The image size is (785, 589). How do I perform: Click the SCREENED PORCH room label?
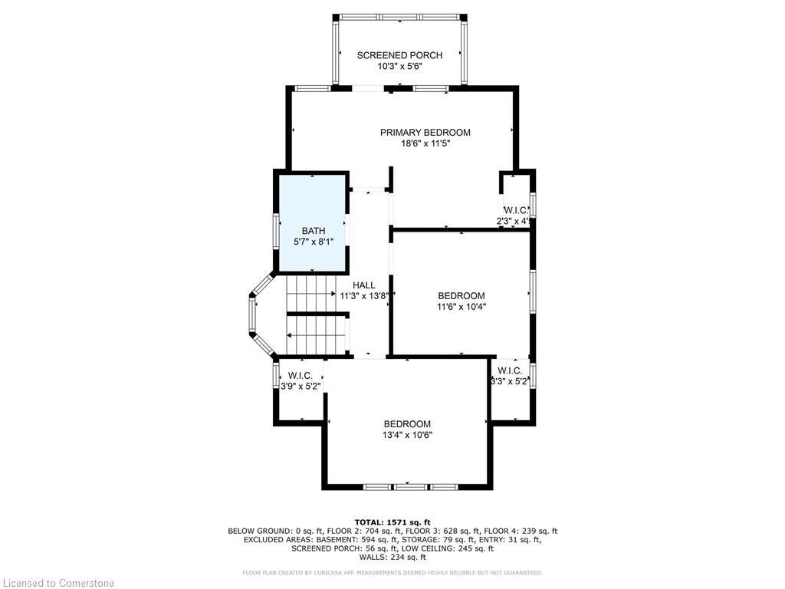pyautogui.click(x=399, y=55)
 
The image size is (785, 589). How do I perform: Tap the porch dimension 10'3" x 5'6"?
pyautogui.click(x=399, y=67)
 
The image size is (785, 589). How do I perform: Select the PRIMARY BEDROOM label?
pyautogui.click(x=425, y=133)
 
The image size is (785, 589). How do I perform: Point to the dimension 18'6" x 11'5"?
pyautogui.click(x=425, y=144)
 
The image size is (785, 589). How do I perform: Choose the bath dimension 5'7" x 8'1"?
pyautogui.click(x=314, y=242)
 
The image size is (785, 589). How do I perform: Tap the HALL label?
pyautogui.click(x=364, y=285)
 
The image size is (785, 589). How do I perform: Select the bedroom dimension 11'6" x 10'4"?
pyautogui.click(x=461, y=307)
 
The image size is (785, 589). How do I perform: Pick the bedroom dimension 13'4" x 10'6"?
pyautogui.click(x=407, y=435)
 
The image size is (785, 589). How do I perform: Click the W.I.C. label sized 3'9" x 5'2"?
pyautogui.click(x=301, y=376)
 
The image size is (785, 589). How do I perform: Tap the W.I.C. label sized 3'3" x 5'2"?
pyautogui.click(x=511, y=371)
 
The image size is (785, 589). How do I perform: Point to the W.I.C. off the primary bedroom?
pyautogui.click(x=514, y=210)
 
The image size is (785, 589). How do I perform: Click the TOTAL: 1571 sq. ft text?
pyautogui.click(x=392, y=522)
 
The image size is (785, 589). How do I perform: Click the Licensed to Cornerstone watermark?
pyautogui.click(x=57, y=583)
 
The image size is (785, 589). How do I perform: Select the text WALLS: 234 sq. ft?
pyautogui.click(x=392, y=558)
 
